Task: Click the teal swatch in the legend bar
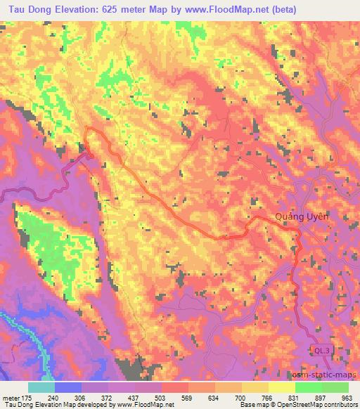[41, 387]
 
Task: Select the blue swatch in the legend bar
[67, 387]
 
